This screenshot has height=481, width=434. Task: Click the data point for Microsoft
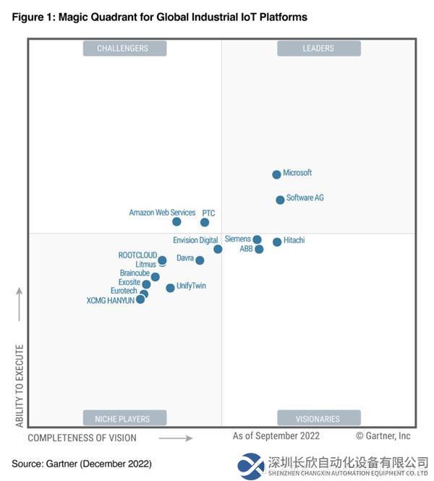pyautogui.click(x=276, y=174)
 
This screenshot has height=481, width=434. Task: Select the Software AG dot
pyautogui.click(x=280, y=200)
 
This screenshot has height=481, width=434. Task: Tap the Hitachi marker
pyautogui.click(x=277, y=242)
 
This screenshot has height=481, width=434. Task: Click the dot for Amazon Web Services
pyautogui.click(x=176, y=221)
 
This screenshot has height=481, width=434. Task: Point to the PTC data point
pyautogui.click(x=205, y=222)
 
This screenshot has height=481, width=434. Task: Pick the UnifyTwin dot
pyautogui.click(x=170, y=288)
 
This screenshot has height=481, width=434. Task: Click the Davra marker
pyautogui.click(x=200, y=260)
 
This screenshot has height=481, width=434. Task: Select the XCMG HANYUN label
pyautogui.click(x=110, y=300)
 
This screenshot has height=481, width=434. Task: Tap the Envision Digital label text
pyautogui.click(x=195, y=240)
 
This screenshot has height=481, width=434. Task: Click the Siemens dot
pyautogui.click(x=257, y=239)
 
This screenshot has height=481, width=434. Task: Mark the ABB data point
pyautogui.click(x=259, y=250)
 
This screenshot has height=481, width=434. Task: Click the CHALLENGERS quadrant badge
pyautogui.click(x=122, y=48)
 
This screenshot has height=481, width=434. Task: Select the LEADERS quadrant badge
pyautogui.click(x=318, y=48)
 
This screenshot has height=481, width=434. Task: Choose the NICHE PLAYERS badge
pyautogui.click(x=122, y=418)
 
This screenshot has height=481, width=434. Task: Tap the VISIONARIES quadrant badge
pyautogui.click(x=318, y=418)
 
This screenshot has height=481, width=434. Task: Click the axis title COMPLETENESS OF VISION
pyautogui.click(x=82, y=438)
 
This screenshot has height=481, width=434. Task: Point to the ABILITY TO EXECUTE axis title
pyautogui.click(x=20, y=386)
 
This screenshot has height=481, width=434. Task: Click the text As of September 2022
pyautogui.click(x=276, y=436)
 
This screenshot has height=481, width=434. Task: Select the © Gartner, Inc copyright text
pyautogui.click(x=383, y=436)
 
